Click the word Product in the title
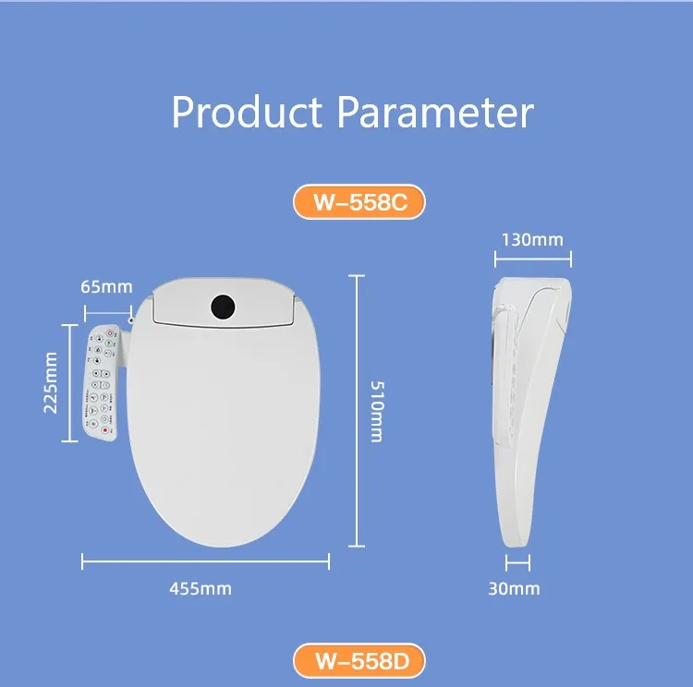coord(247,113)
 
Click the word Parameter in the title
coord(434,113)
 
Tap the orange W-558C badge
coord(359,203)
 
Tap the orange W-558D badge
coord(359,661)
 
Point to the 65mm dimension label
coord(107,285)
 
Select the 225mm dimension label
coord(51,382)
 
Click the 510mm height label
coord(375,411)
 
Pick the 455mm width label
coord(201,588)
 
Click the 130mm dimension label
coord(531,239)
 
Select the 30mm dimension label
coord(514,588)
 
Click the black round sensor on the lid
coord(223,306)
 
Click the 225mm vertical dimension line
coord(68,382)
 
